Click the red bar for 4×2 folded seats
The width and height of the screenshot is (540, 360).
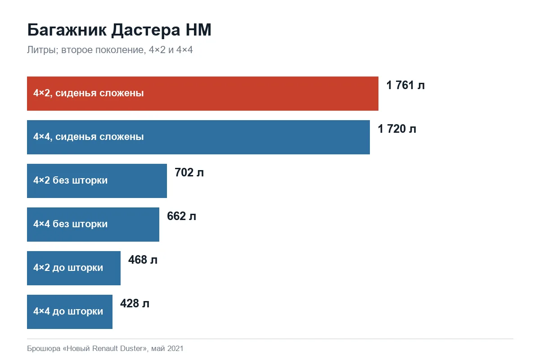point(202,94)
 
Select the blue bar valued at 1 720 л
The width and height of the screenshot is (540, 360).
point(198,137)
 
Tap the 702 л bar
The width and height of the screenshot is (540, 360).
point(97,181)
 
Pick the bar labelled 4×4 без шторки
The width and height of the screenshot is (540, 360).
point(93,225)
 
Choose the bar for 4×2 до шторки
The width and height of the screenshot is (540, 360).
point(73,268)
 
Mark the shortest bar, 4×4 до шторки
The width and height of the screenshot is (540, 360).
point(69,312)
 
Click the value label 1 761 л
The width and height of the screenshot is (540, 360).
point(405,85)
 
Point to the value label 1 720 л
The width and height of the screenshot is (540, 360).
point(397,129)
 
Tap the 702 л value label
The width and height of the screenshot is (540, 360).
point(189,172)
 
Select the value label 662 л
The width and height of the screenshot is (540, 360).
point(181,216)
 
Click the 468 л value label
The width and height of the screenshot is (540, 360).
point(143,260)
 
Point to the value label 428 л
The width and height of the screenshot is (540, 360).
point(135,303)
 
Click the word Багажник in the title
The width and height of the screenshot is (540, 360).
point(67,30)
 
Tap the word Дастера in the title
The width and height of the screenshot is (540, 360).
point(146,30)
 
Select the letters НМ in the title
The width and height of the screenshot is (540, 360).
point(198,30)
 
